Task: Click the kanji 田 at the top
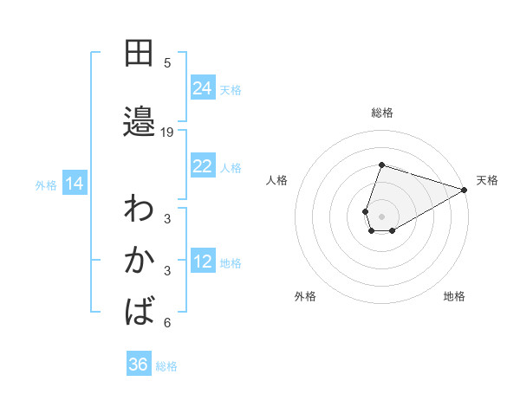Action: [139, 54]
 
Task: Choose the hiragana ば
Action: [140, 310]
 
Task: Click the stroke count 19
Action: [167, 132]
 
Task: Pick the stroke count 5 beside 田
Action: [167, 63]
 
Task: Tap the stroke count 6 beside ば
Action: [167, 323]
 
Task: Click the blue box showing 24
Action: [203, 88]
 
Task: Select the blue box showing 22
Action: [203, 166]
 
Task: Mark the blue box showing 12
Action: [203, 262]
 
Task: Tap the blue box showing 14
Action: [75, 184]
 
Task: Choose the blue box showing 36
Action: [139, 365]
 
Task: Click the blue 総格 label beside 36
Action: [166, 366]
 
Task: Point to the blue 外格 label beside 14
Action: [46, 184]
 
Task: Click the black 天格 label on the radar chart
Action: [487, 180]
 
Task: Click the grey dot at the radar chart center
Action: [381, 216]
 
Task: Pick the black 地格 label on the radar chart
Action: [454, 296]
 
